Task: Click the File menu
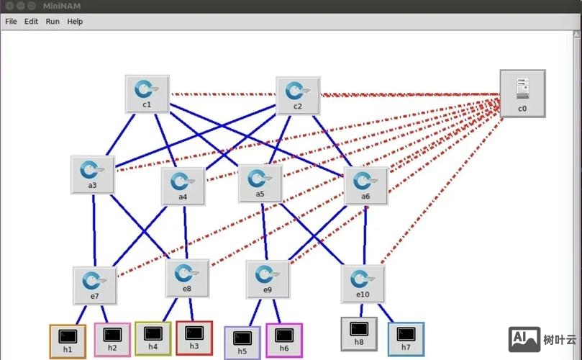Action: click(11, 22)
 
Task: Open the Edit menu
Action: click(31, 22)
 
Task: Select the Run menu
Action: click(53, 22)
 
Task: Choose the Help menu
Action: click(75, 22)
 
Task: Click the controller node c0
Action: click(522, 93)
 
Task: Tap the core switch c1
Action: click(147, 93)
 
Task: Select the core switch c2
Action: click(297, 94)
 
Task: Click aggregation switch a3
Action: click(92, 174)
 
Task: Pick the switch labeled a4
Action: click(183, 185)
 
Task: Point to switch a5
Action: click(260, 183)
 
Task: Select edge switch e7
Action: click(94, 284)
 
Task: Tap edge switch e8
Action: click(187, 278)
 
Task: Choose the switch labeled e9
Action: click(267, 279)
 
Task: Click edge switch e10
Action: click(363, 283)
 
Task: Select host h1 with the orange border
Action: click(68, 341)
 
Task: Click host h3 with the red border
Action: click(194, 338)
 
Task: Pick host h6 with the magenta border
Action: click(284, 341)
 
